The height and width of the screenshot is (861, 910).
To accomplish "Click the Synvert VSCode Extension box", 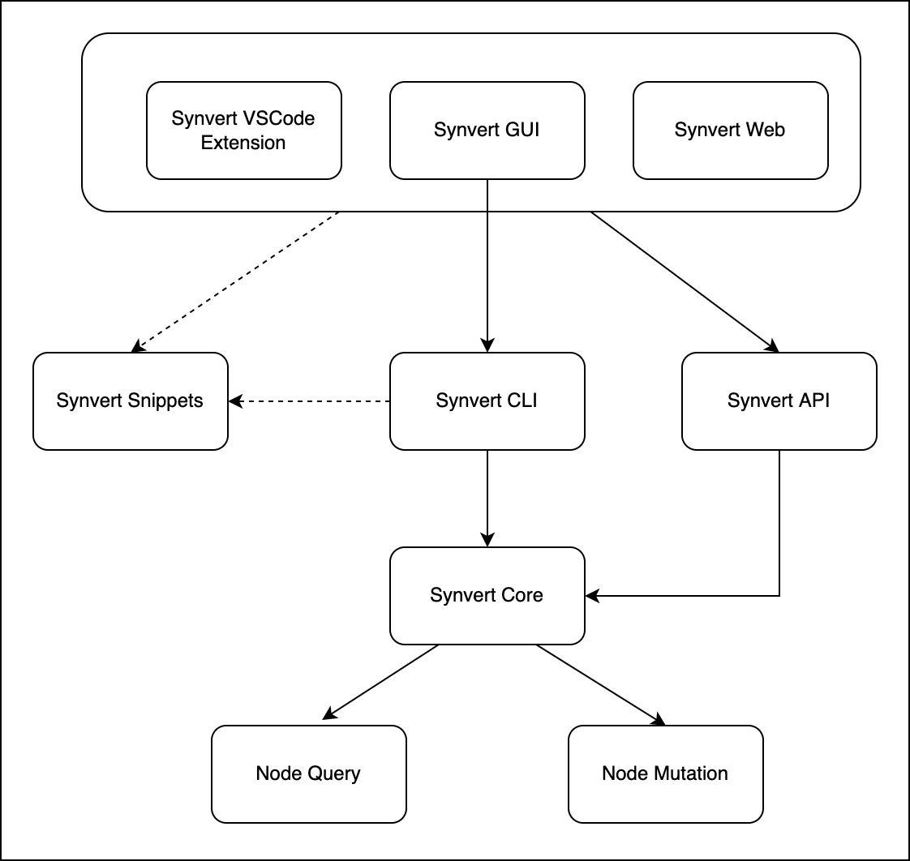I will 243,131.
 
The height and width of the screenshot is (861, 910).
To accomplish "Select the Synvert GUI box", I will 487,131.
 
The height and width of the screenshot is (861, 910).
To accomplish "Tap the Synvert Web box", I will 730,131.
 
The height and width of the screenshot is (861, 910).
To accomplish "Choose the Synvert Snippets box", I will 130,401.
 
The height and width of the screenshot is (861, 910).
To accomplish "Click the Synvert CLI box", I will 487,401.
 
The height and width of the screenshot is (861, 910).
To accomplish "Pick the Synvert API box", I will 779,401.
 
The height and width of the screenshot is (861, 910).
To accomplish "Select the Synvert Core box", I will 487,595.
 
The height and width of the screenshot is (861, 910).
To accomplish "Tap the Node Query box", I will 308,773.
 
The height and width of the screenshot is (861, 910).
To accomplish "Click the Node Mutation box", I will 665,773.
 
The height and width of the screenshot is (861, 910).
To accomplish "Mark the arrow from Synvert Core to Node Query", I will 381,682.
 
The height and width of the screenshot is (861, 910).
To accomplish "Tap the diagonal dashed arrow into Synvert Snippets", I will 235,281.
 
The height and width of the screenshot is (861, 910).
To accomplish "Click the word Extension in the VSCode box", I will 243,143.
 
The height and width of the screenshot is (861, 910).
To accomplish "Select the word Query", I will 333,773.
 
